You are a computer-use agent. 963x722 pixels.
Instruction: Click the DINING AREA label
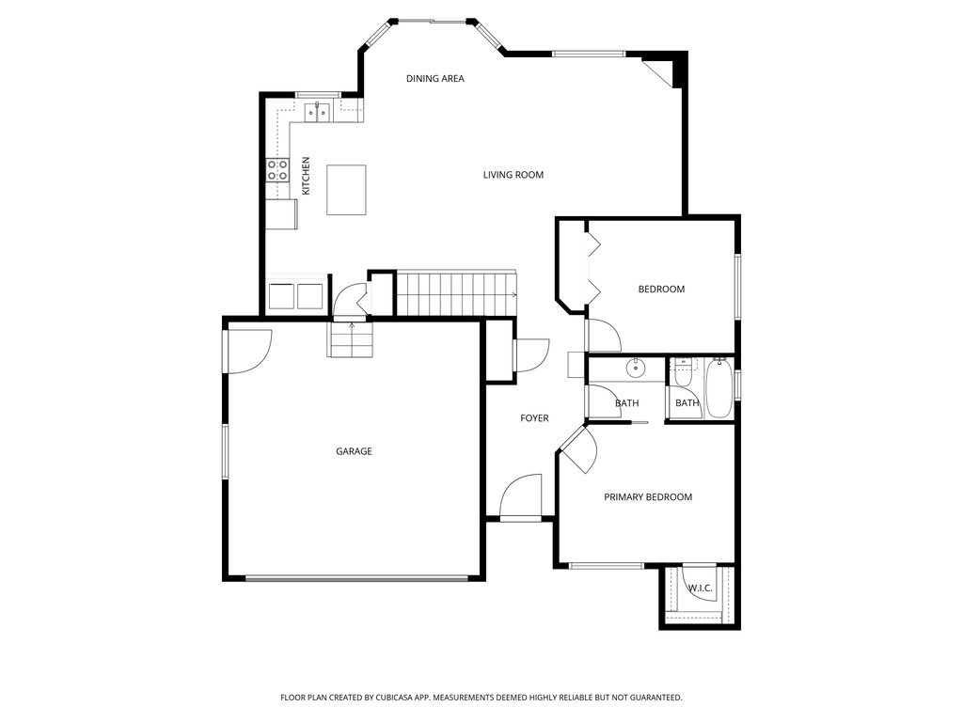pos(434,79)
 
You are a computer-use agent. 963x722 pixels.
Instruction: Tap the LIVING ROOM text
pos(513,175)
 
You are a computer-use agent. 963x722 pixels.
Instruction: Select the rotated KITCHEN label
pos(306,177)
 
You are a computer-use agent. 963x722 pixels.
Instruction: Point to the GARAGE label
pos(354,451)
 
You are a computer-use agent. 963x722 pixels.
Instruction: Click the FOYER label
pos(534,418)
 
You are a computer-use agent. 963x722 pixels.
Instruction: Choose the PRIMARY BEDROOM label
pos(647,497)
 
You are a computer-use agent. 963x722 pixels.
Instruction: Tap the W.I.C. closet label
pos(700,589)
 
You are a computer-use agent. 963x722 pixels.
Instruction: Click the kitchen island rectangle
pos(346,190)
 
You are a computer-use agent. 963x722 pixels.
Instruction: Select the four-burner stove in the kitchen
pos(277,170)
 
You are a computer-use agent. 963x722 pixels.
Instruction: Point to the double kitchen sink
pos(317,111)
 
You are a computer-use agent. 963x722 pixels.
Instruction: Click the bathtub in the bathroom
pos(719,386)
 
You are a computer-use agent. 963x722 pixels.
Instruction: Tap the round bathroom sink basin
pos(637,368)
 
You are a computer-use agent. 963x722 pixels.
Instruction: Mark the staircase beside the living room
pos(456,293)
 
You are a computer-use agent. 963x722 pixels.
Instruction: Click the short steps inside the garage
pos(351,339)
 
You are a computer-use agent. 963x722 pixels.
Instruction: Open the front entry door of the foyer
pos(521,498)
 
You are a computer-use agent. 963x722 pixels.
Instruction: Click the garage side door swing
pos(246,352)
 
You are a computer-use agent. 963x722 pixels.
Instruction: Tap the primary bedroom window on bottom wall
pos(607,565)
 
